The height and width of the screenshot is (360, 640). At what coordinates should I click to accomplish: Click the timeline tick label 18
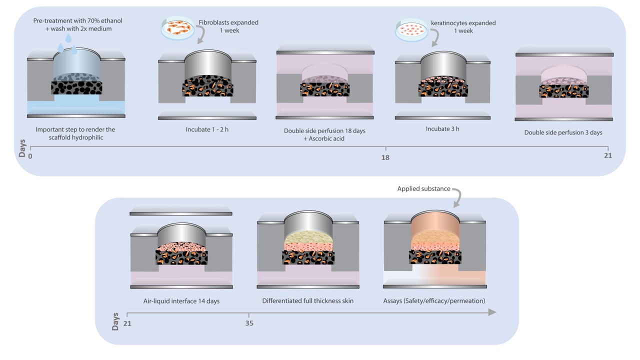(385, 157)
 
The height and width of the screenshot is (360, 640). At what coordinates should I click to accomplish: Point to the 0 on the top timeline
(30, 156)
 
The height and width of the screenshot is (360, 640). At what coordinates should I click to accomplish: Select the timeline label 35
(249, 323)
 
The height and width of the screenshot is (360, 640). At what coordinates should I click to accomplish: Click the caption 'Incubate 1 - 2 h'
(207, 129)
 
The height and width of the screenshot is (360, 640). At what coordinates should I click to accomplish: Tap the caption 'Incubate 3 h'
(442, 128)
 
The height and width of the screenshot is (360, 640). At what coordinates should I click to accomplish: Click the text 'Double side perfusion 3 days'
(563, 132)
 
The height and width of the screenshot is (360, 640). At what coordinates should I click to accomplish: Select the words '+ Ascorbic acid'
(324, 138)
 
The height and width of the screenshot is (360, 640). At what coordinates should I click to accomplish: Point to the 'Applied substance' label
(423, 189)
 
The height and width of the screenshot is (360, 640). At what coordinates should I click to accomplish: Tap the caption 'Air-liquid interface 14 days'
(181, 301)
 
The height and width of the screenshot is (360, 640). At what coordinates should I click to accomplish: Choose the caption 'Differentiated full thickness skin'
(307, 301)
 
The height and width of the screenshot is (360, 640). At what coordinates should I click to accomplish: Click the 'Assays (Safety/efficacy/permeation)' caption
(434, 301)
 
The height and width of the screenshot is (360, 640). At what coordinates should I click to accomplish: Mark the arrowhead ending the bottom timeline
(492, 312)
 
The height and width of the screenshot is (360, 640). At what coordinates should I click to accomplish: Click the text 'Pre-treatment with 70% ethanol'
(77, 20)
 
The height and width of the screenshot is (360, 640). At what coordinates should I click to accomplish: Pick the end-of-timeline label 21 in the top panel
(607, 156)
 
